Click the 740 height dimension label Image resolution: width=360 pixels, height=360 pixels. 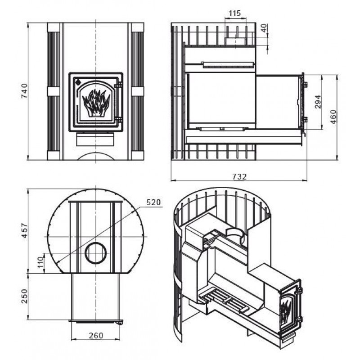point(25,91)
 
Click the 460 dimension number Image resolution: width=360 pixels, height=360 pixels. point(333,116)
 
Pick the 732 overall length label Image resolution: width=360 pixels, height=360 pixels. point(239,177)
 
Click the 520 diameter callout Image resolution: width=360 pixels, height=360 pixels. point(154,202)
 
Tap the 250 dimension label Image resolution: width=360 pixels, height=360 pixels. point(25,297)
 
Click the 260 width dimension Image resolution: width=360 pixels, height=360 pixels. point(96,335)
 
